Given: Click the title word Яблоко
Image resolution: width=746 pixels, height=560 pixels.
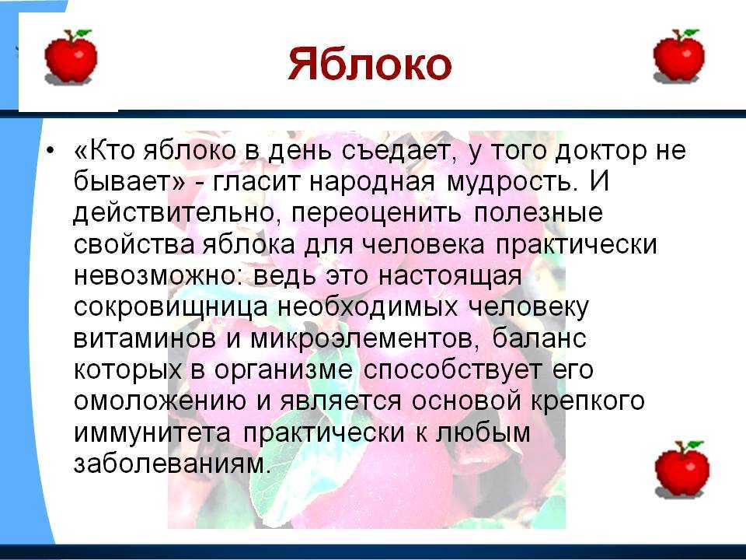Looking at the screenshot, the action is pos(370,65).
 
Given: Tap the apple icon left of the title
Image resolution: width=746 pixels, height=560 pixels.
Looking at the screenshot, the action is pos(71,57).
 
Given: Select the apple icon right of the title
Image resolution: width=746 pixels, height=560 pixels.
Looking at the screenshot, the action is pos(679,56).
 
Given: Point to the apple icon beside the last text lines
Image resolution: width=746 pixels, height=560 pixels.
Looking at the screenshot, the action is pos(682,469).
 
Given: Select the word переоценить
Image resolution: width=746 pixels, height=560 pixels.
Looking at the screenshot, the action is pos(376,214).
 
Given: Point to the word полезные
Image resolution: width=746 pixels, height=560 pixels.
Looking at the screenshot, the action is pos(538,213).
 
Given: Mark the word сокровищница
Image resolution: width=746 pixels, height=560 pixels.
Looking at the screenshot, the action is pos(171,308).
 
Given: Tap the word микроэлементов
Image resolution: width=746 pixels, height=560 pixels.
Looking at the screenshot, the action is pos(361,339).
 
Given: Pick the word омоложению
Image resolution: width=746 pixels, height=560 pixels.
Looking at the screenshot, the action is pos(160,401).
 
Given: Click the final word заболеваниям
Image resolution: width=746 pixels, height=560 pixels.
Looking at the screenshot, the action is pos(173,464).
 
